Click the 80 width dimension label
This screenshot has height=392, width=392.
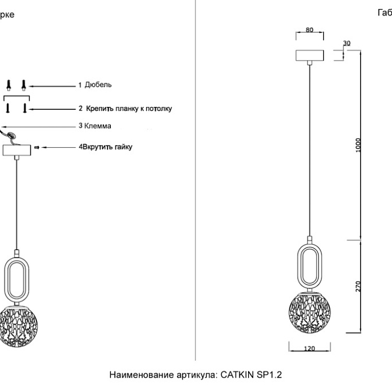(x=310, y=30)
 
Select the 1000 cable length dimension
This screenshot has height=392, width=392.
(x=358, y=144)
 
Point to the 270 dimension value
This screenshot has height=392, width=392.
(x=358, y=287)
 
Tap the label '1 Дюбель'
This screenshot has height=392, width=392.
(x=95, y=85)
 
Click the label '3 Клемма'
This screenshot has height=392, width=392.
(x=95, y=126)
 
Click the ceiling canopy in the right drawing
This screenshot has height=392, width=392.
(x=310, y=57)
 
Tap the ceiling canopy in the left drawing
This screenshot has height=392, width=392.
(x=17, y=151)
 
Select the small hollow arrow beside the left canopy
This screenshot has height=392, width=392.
(x=37, y=147)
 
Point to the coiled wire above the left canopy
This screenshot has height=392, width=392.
(x=8, y=135)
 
